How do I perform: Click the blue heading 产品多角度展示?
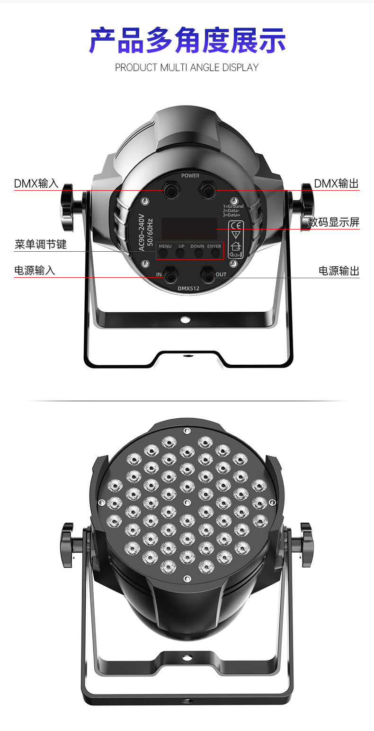[187, 41]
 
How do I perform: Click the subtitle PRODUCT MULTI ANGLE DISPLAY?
[187, 68]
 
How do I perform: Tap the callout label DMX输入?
[36, 184]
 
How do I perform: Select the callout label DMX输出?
[337, 184]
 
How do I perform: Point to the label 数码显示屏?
[333, 222]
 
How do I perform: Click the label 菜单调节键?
[41, 244]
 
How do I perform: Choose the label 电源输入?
[35, 270]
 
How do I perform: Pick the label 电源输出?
[339, 271]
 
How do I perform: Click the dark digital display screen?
[189, 229]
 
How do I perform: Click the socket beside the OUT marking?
[207, 275]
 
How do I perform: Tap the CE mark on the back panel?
[235, 225]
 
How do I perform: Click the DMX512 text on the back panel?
[189, 288]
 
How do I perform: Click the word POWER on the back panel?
[190, 176]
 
